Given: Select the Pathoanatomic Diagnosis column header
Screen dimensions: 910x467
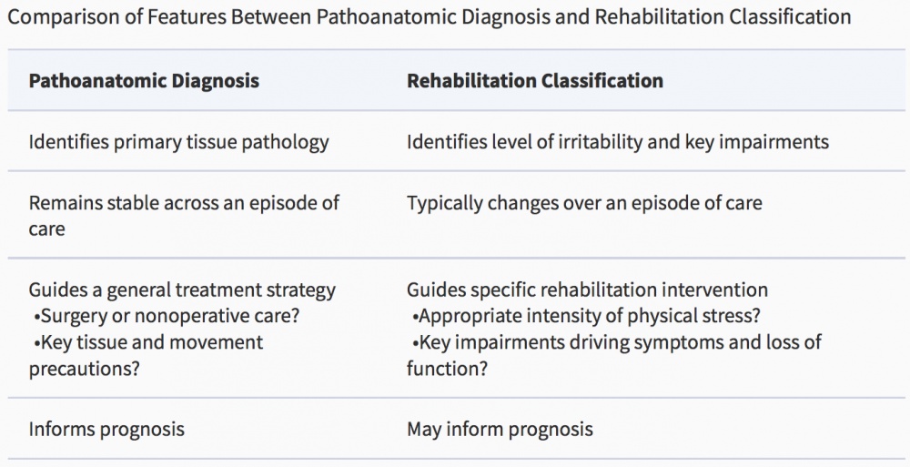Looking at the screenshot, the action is (144, 80).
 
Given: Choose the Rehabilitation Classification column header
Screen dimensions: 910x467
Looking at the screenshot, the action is (534, 80).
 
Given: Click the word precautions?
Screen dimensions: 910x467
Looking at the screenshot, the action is (85, 369).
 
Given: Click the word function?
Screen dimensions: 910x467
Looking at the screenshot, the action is (447, 369).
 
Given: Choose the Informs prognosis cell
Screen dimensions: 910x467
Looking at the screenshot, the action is (106, 430).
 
